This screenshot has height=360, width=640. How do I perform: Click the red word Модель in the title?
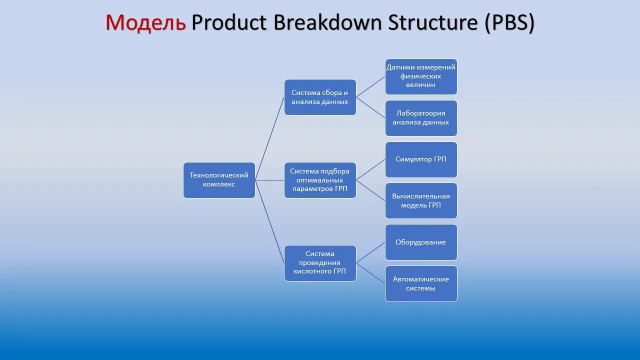pyautogui.click(x=145, y=22)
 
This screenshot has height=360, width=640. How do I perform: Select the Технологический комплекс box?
pyautogui.click(x=219, y=180)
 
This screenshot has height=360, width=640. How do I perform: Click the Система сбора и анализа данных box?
pyautogui.click(x=320, y=97)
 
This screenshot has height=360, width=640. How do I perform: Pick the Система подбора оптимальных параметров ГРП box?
pyautogui.click(x=320, y=180)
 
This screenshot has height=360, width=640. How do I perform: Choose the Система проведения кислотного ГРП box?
pyautogui.click(x=320, y=263)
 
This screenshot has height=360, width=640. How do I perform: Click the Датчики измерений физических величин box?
pyautogui.click(x=421, y=76)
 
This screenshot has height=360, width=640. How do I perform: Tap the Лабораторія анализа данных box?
pyautogui.click(x=421, y=118)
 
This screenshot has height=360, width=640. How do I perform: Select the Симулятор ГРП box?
pyautogui.click(x=421, y=159)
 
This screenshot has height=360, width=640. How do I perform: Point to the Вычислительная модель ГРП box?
pyautogui.click(x=421, y=200)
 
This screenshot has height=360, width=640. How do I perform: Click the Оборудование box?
pyautogui.click(x=421, y=242)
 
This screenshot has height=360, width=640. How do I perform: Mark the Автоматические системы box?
pyautogui.click(x=421, y=283)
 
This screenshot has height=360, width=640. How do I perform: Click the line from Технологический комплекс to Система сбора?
pyautogui.click(x=270, y=138)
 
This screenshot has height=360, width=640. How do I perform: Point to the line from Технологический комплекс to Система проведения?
pyautogui.click(x=270, y=222)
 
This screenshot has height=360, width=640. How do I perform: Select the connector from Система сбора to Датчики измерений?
pyautogui.click(x=370, y=87)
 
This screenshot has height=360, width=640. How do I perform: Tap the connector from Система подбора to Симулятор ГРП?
pyautogui.click(x=370, y=170)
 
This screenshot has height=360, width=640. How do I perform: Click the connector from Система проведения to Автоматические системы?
pyautogui.click(x=370, y=273)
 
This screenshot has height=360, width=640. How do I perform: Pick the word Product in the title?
pyautogui.click(x=228, y=22)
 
